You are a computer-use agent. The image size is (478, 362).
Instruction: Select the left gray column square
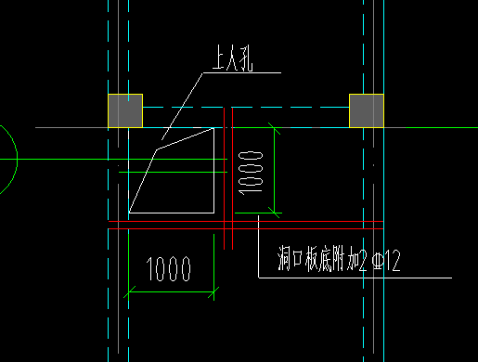(125, 110)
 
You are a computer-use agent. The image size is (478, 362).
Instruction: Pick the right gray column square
(366, 110)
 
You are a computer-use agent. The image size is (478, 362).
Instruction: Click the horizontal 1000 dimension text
(170, 270)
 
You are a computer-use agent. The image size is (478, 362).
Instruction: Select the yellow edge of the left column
(109, 110)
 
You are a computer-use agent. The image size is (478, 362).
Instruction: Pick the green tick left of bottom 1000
(128, 292)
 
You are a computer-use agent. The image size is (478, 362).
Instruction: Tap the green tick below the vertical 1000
(276, 213)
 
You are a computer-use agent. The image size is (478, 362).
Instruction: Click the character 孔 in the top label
(247, 62)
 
